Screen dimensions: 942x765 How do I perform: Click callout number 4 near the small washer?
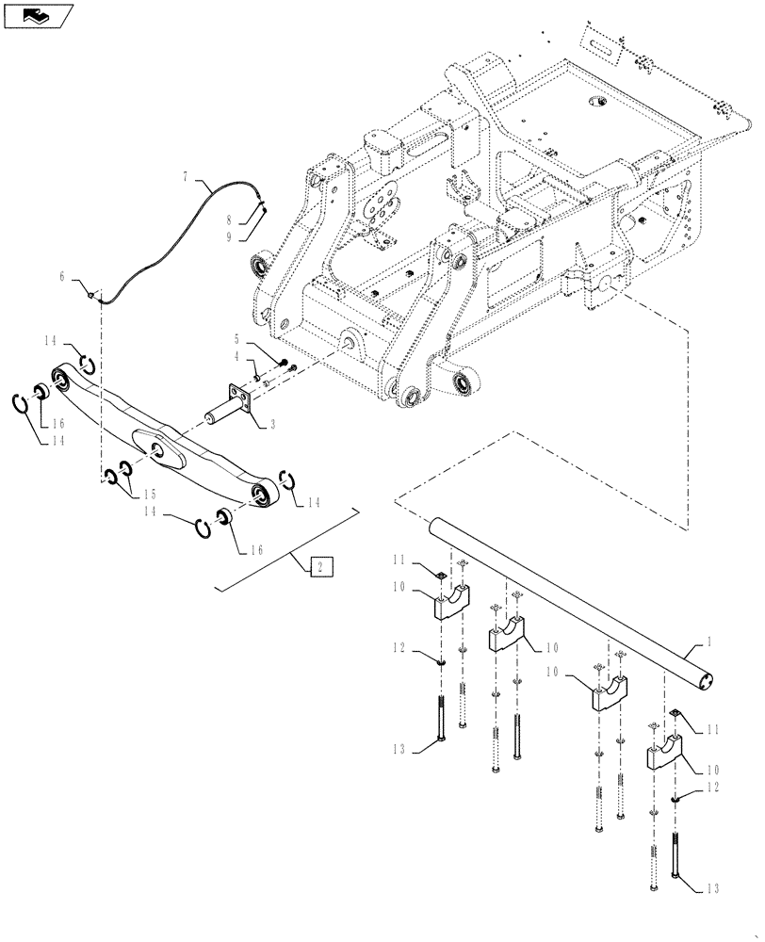pyautogui.click(x=237, y=356)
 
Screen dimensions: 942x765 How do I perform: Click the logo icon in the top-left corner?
pyautogui.click(x=38, y=15)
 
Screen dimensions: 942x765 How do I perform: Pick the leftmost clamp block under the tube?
pyautogui.click(x=450, y=602)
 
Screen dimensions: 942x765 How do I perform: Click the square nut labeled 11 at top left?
pyautogui.click(x=439, y=573)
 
